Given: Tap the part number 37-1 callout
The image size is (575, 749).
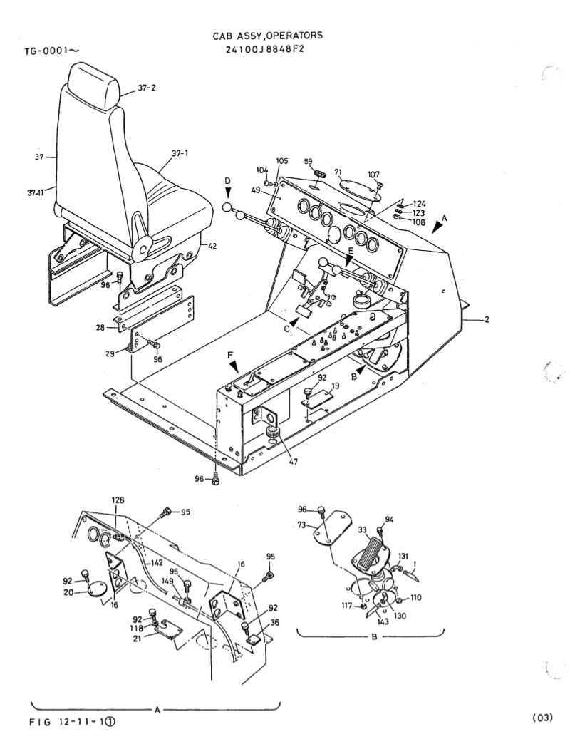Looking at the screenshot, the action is coord(179,153).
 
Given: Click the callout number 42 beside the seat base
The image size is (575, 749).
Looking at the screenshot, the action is coord(212,247).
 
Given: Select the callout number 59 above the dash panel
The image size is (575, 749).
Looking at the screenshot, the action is coord(308,162).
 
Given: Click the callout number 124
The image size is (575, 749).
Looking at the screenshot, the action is coord(419,204).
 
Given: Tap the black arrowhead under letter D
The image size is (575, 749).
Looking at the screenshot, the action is coord(227,192).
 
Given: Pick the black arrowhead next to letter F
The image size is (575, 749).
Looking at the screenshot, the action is coord(234,367).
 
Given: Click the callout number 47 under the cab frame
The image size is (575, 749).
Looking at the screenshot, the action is coord(294,463).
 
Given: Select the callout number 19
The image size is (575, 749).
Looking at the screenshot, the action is coord(336,384).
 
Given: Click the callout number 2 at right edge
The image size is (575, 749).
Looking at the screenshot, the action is coord(487,319).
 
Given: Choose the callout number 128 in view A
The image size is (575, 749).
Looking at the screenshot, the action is coord(118,500).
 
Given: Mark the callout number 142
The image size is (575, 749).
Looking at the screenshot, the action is coord(156,562).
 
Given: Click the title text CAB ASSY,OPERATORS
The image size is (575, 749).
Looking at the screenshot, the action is coord(267,35).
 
